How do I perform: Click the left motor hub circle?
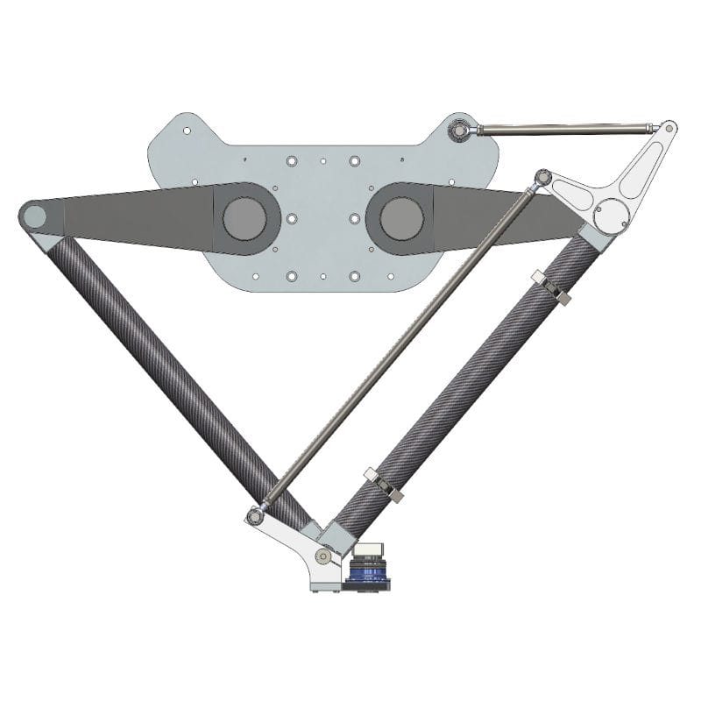click(x=243, y=218)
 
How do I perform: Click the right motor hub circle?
click(x=401, y=218)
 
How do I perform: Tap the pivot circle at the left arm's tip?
click(x=33, y=215)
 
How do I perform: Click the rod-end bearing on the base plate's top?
click(x=458, y=132)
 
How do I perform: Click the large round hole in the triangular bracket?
click(x=612, y=211)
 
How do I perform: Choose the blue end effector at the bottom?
click(x=367, y=575)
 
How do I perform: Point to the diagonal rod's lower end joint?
click(x=255, y=515)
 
